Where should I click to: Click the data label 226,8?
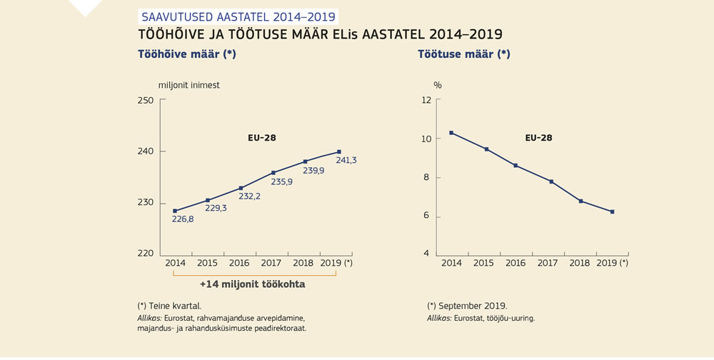coord(183,219)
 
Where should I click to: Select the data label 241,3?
coord(346,161)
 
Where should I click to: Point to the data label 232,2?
coord(248,196)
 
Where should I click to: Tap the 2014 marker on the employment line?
coord(175,211)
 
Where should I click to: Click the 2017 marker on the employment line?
coord(273,173)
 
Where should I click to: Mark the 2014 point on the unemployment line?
coord(451,133)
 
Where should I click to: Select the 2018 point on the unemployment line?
coord(580,201)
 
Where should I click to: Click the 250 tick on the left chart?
coord(146,100)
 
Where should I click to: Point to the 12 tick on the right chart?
coord(426,100)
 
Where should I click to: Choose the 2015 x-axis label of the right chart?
coord(483,263)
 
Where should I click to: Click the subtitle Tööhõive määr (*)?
coord(186,54)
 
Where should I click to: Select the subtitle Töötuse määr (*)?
coord(463,54)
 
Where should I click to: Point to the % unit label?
coord(438,85)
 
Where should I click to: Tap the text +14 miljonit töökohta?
coord(252,284)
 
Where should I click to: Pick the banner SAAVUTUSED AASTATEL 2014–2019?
coord(236,16)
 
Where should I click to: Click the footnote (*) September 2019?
coord(467,305)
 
